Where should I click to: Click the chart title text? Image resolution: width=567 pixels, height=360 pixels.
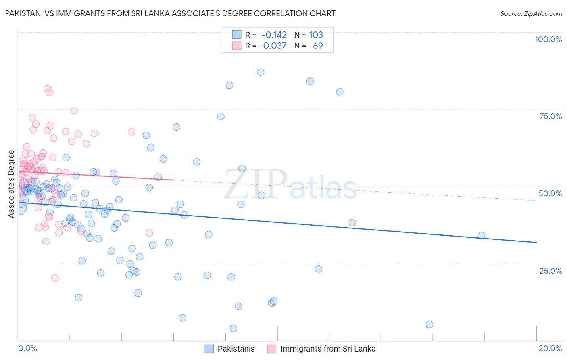170,13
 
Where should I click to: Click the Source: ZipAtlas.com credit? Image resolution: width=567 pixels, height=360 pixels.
531,13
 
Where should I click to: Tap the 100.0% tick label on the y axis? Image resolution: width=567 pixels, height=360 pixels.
548,39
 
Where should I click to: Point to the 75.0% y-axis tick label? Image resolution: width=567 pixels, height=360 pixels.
550,116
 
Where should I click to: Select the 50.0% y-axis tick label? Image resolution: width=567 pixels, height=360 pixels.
550,193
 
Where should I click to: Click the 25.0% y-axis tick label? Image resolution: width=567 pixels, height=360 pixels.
550,270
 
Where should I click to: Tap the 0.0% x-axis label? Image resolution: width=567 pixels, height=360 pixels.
27,348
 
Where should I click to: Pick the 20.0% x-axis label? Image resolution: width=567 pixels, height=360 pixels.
550,348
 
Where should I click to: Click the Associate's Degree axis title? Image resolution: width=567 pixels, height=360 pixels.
11,184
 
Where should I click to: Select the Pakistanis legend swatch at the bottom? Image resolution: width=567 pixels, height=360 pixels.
209,349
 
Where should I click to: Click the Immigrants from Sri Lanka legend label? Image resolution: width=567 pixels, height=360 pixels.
327,349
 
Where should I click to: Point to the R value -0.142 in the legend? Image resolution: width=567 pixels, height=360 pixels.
274,35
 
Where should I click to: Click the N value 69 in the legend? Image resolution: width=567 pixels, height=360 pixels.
318,46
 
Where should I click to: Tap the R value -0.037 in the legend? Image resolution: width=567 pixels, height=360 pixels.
273,46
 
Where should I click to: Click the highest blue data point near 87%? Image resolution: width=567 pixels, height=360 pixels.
261,72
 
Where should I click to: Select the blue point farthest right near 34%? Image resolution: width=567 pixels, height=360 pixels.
481,236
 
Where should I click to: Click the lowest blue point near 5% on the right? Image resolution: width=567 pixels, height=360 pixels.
429,324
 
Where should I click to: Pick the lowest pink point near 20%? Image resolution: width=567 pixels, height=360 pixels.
55,278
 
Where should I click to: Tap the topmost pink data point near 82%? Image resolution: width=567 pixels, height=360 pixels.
47,89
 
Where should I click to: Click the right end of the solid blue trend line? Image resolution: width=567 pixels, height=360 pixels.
536,242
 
